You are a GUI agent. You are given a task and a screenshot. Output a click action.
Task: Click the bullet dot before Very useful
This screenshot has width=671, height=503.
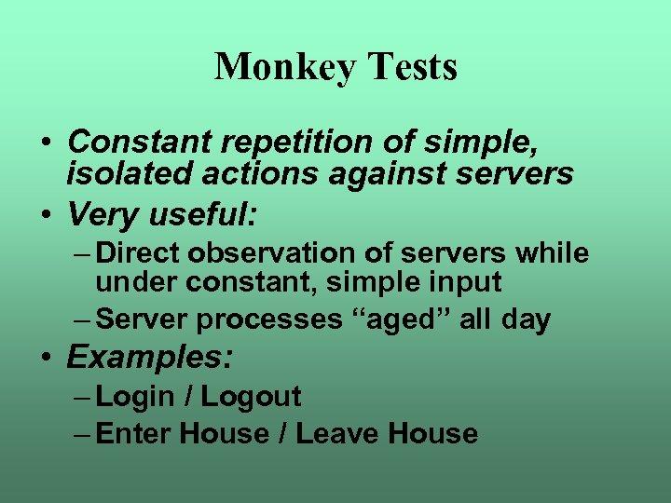(46, 216)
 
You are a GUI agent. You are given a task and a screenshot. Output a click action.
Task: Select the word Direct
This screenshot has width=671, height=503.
(140, 253)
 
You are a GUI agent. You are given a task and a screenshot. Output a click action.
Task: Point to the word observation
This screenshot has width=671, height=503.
(270, 253)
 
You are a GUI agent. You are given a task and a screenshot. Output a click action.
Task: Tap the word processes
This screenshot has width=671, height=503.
(270, 319)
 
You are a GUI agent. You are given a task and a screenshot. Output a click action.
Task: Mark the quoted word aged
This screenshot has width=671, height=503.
(402, 319)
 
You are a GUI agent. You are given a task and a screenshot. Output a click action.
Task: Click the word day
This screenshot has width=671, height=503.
(525, 319)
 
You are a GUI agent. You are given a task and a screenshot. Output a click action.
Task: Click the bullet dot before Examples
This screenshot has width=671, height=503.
(46, 358)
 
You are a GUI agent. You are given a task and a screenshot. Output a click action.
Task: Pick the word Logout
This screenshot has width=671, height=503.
(251, 397)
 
